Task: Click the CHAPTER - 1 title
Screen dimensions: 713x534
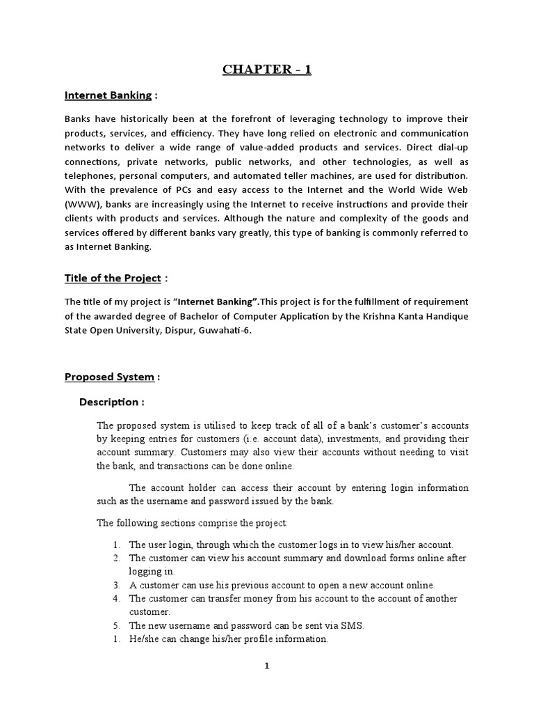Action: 267,69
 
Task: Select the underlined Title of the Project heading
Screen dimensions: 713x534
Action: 113,278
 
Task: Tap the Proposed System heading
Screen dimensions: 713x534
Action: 109,377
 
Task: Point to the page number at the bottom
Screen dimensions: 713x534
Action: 266,666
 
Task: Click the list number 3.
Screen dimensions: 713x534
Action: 116,585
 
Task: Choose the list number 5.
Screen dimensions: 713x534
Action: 116,625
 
